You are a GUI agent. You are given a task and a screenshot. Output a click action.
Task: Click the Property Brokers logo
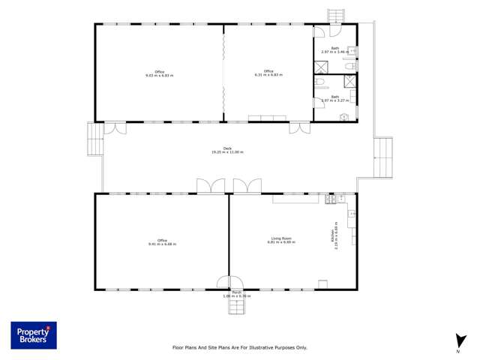tap(34, 335)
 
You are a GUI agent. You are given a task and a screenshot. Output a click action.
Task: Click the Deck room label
tap(227, 151)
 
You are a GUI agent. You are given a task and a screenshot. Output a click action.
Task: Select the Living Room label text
tap(281, 241)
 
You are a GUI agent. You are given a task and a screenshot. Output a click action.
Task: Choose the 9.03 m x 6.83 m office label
tap(160, 73)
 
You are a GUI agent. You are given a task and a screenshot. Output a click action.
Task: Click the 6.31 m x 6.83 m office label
tap(268, 73)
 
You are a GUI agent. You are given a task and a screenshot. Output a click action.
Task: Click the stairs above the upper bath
tap(335, 16)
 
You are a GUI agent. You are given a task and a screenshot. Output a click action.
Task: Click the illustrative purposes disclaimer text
tap(240, 347)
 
